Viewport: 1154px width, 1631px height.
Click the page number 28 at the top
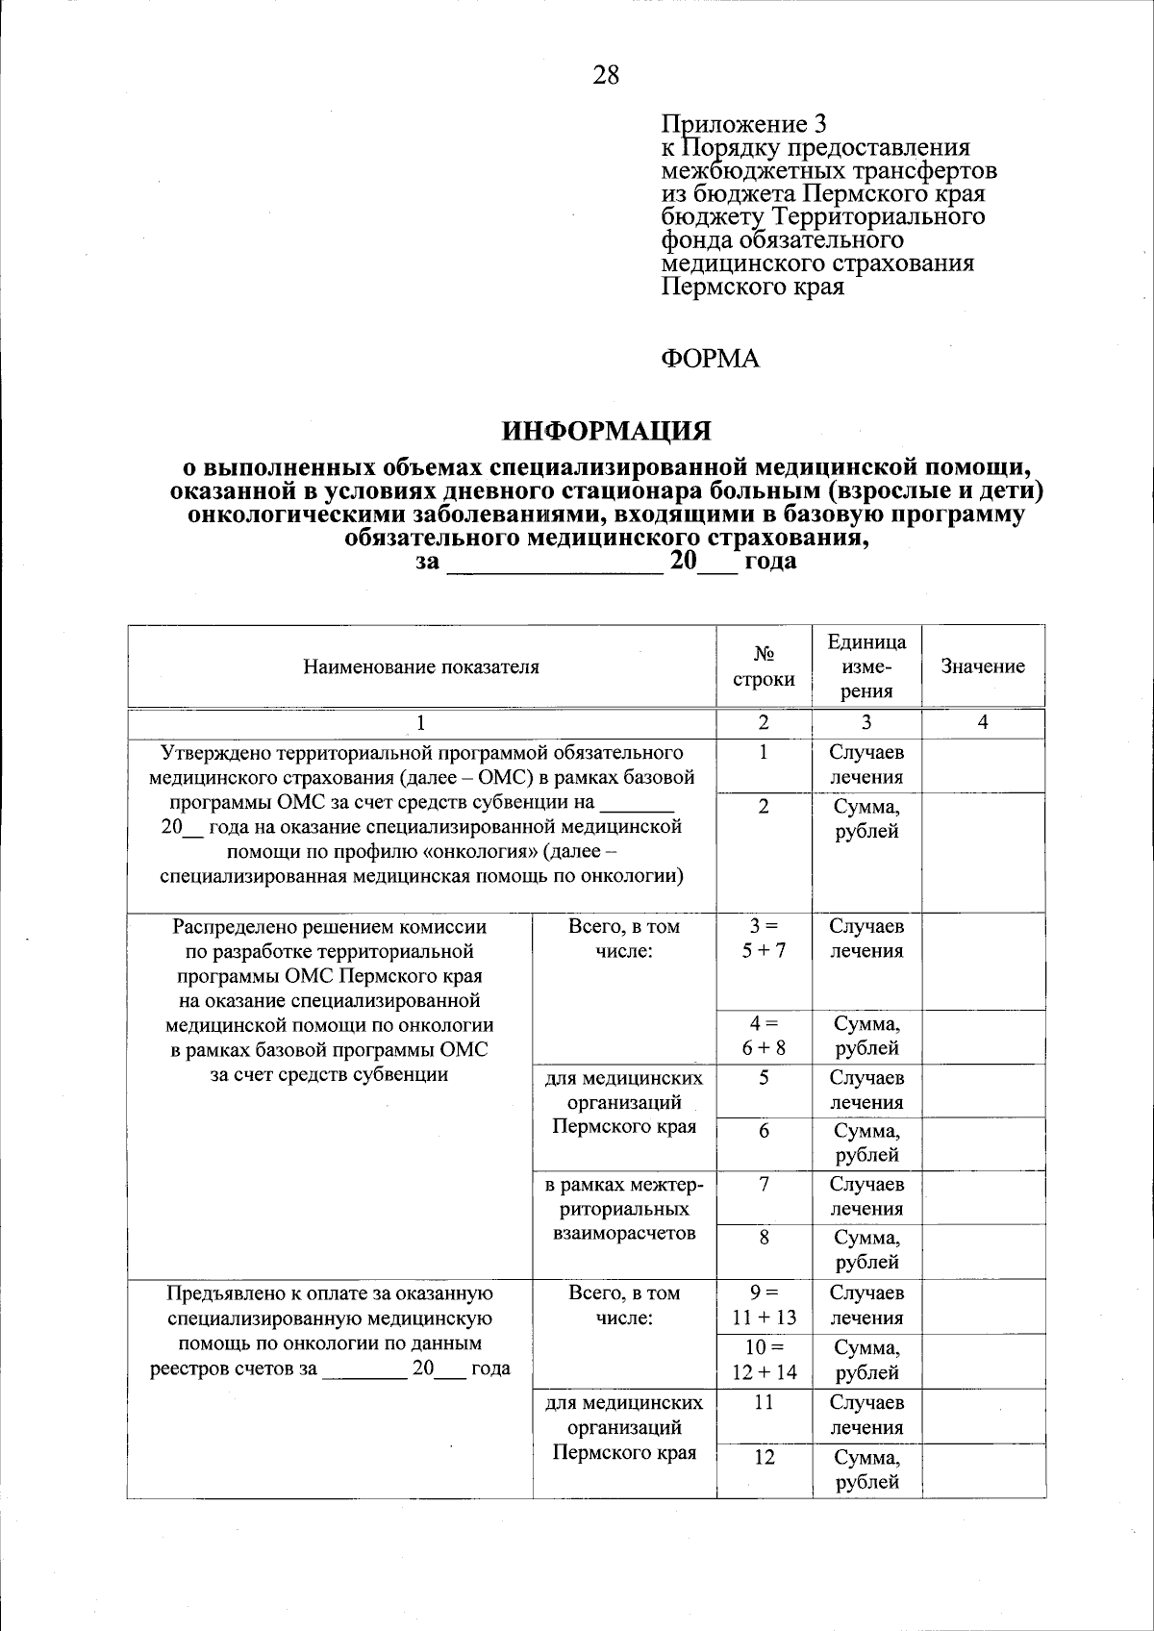606,74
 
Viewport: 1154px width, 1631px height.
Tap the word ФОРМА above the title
711,360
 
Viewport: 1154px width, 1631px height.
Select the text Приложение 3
743,124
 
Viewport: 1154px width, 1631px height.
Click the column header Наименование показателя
421,666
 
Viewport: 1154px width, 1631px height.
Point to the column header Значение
983,666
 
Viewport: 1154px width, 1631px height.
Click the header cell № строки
764,666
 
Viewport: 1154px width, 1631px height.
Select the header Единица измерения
866,666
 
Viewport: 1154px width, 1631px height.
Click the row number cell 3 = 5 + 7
764,939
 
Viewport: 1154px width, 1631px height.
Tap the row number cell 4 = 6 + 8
764,1036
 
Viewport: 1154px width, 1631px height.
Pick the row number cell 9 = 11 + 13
764,1305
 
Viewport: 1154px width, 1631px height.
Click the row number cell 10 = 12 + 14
764,1360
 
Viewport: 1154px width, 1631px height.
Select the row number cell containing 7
764,1185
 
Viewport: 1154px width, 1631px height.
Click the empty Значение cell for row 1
983,765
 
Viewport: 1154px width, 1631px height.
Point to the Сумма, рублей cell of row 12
866,1469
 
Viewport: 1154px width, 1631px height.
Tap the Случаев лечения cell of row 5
866,1090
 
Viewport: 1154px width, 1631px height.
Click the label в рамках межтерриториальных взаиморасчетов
624,1209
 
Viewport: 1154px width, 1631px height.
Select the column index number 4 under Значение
983,722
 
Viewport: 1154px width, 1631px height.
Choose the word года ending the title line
770,561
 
